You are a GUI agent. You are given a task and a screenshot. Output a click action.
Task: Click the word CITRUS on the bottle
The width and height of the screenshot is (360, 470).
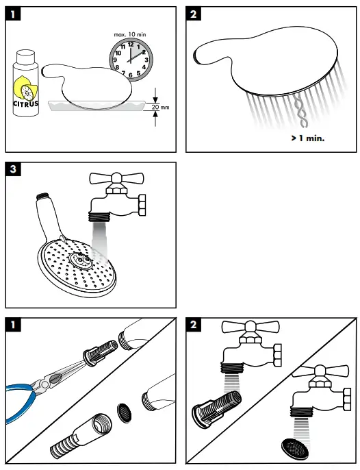point(26,104)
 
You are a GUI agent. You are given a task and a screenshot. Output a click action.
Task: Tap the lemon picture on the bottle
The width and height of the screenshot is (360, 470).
point(26,89)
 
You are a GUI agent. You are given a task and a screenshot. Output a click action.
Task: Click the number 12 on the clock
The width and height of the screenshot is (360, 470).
point(131,44)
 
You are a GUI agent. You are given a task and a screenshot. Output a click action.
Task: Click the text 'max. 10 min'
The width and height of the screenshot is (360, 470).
point(130,33)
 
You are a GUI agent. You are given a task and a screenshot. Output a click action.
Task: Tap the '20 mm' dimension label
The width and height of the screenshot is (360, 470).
point(160,107)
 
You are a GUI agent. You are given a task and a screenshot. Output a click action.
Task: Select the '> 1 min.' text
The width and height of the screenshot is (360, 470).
point(307,137)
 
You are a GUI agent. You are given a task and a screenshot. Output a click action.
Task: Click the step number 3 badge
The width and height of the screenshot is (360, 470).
point(14,169)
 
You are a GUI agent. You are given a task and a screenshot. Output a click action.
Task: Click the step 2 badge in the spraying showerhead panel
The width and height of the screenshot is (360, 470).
point(194,14)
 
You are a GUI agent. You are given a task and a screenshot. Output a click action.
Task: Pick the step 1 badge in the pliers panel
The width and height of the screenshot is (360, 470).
point(14,324)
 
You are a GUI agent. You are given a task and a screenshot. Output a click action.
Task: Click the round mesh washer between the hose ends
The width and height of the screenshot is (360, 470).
point(125,410)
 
